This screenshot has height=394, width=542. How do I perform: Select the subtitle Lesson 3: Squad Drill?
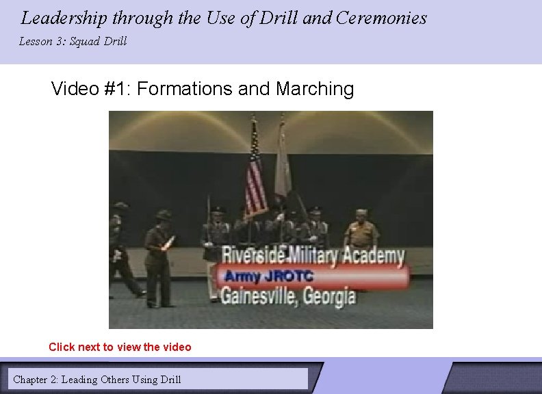pyautogui.click(x=73, y=42)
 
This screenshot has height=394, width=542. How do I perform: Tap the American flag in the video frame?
pyautogui.click(x=255, y=171)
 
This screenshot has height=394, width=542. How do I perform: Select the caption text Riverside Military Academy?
pyautogui.click(x=313, y=257)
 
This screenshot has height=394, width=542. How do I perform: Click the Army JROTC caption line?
pyautogui.click(x=269, y=276)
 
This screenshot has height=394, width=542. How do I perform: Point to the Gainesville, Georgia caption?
pyautogui.click(x=288, y=296)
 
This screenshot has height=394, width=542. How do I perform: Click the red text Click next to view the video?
pyautogui.click(x=120, y=347)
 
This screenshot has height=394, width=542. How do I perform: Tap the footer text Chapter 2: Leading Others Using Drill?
pyautogui.click(x=97, y=379)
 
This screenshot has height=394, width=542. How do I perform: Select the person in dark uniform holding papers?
pyautogui.click(x=159, y=257)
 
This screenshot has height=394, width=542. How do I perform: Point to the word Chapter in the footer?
pyautogui.click(x=30, y=379)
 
